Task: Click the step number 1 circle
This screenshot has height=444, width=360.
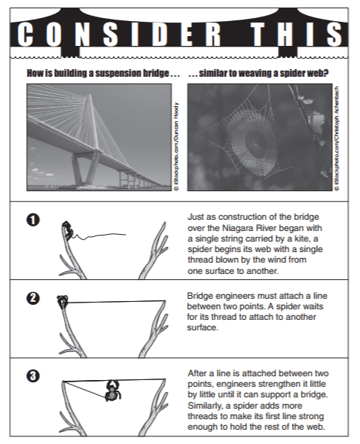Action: tap(33, 220)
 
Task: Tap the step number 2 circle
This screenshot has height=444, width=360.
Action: tap(33, 298)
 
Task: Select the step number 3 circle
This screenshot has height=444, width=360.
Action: tap(33, 376)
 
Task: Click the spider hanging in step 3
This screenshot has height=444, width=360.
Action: tap(112, 391)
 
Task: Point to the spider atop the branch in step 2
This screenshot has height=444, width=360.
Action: tap(63, 302)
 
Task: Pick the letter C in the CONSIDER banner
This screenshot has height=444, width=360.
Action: tap(25, 35)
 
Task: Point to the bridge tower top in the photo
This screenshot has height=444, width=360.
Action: tap(90, 96)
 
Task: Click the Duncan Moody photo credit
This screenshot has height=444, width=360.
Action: tap(176, 146)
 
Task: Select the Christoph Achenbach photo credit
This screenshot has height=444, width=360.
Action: tap(337, 138)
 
